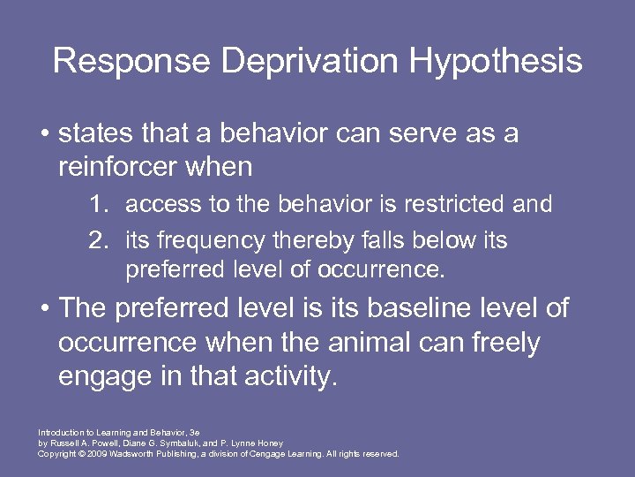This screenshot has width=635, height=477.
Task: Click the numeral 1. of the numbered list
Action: tap(100, 205)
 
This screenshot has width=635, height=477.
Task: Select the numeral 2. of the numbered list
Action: tap(100, 240)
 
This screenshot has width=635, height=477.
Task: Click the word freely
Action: tap(500, 344)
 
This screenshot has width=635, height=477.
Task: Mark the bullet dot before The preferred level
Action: tap(43, 310)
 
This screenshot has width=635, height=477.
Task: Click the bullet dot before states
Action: tap(43, 135)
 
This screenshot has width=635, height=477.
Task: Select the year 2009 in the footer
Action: tap(93, 453)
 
